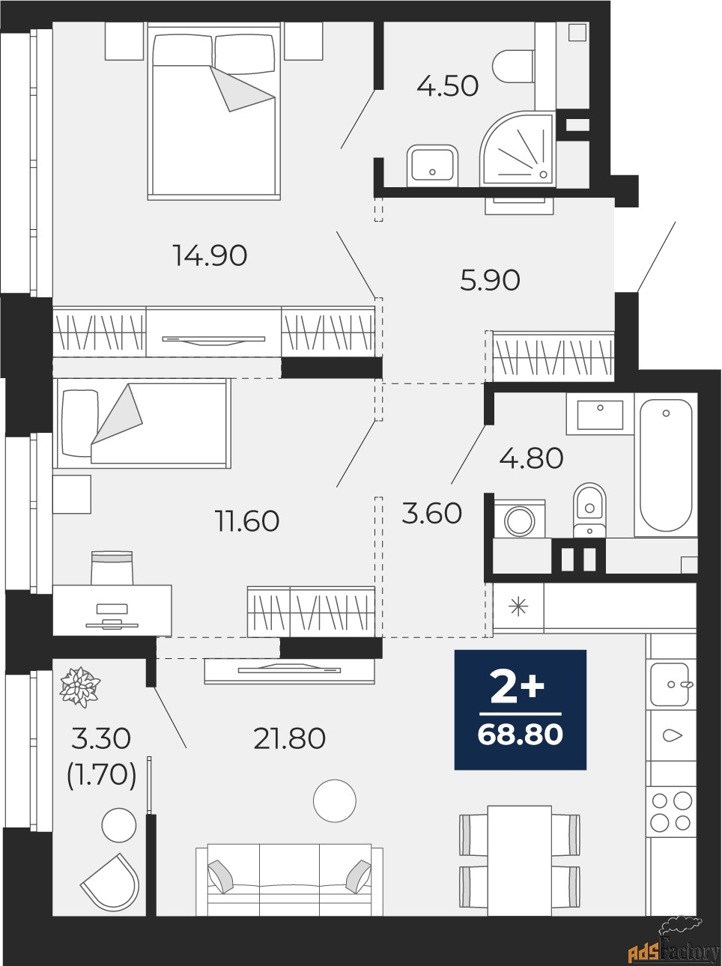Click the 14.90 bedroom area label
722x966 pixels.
click(210, 255)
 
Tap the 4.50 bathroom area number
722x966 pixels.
click(447, 86)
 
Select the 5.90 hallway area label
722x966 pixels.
click(490, 280)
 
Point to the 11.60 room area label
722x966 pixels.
click(247, 521)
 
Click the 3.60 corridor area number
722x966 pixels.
click(431, 514)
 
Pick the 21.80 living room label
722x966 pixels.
click(290, 738)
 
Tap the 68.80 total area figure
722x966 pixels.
click(520, 735)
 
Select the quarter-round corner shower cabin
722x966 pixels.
click(518, 149)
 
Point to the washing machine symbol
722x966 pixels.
click(519, 520)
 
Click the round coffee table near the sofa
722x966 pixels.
click(334, 801)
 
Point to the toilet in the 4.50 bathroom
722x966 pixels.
click(514, 67)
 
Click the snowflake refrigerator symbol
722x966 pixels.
click(518, 608)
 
